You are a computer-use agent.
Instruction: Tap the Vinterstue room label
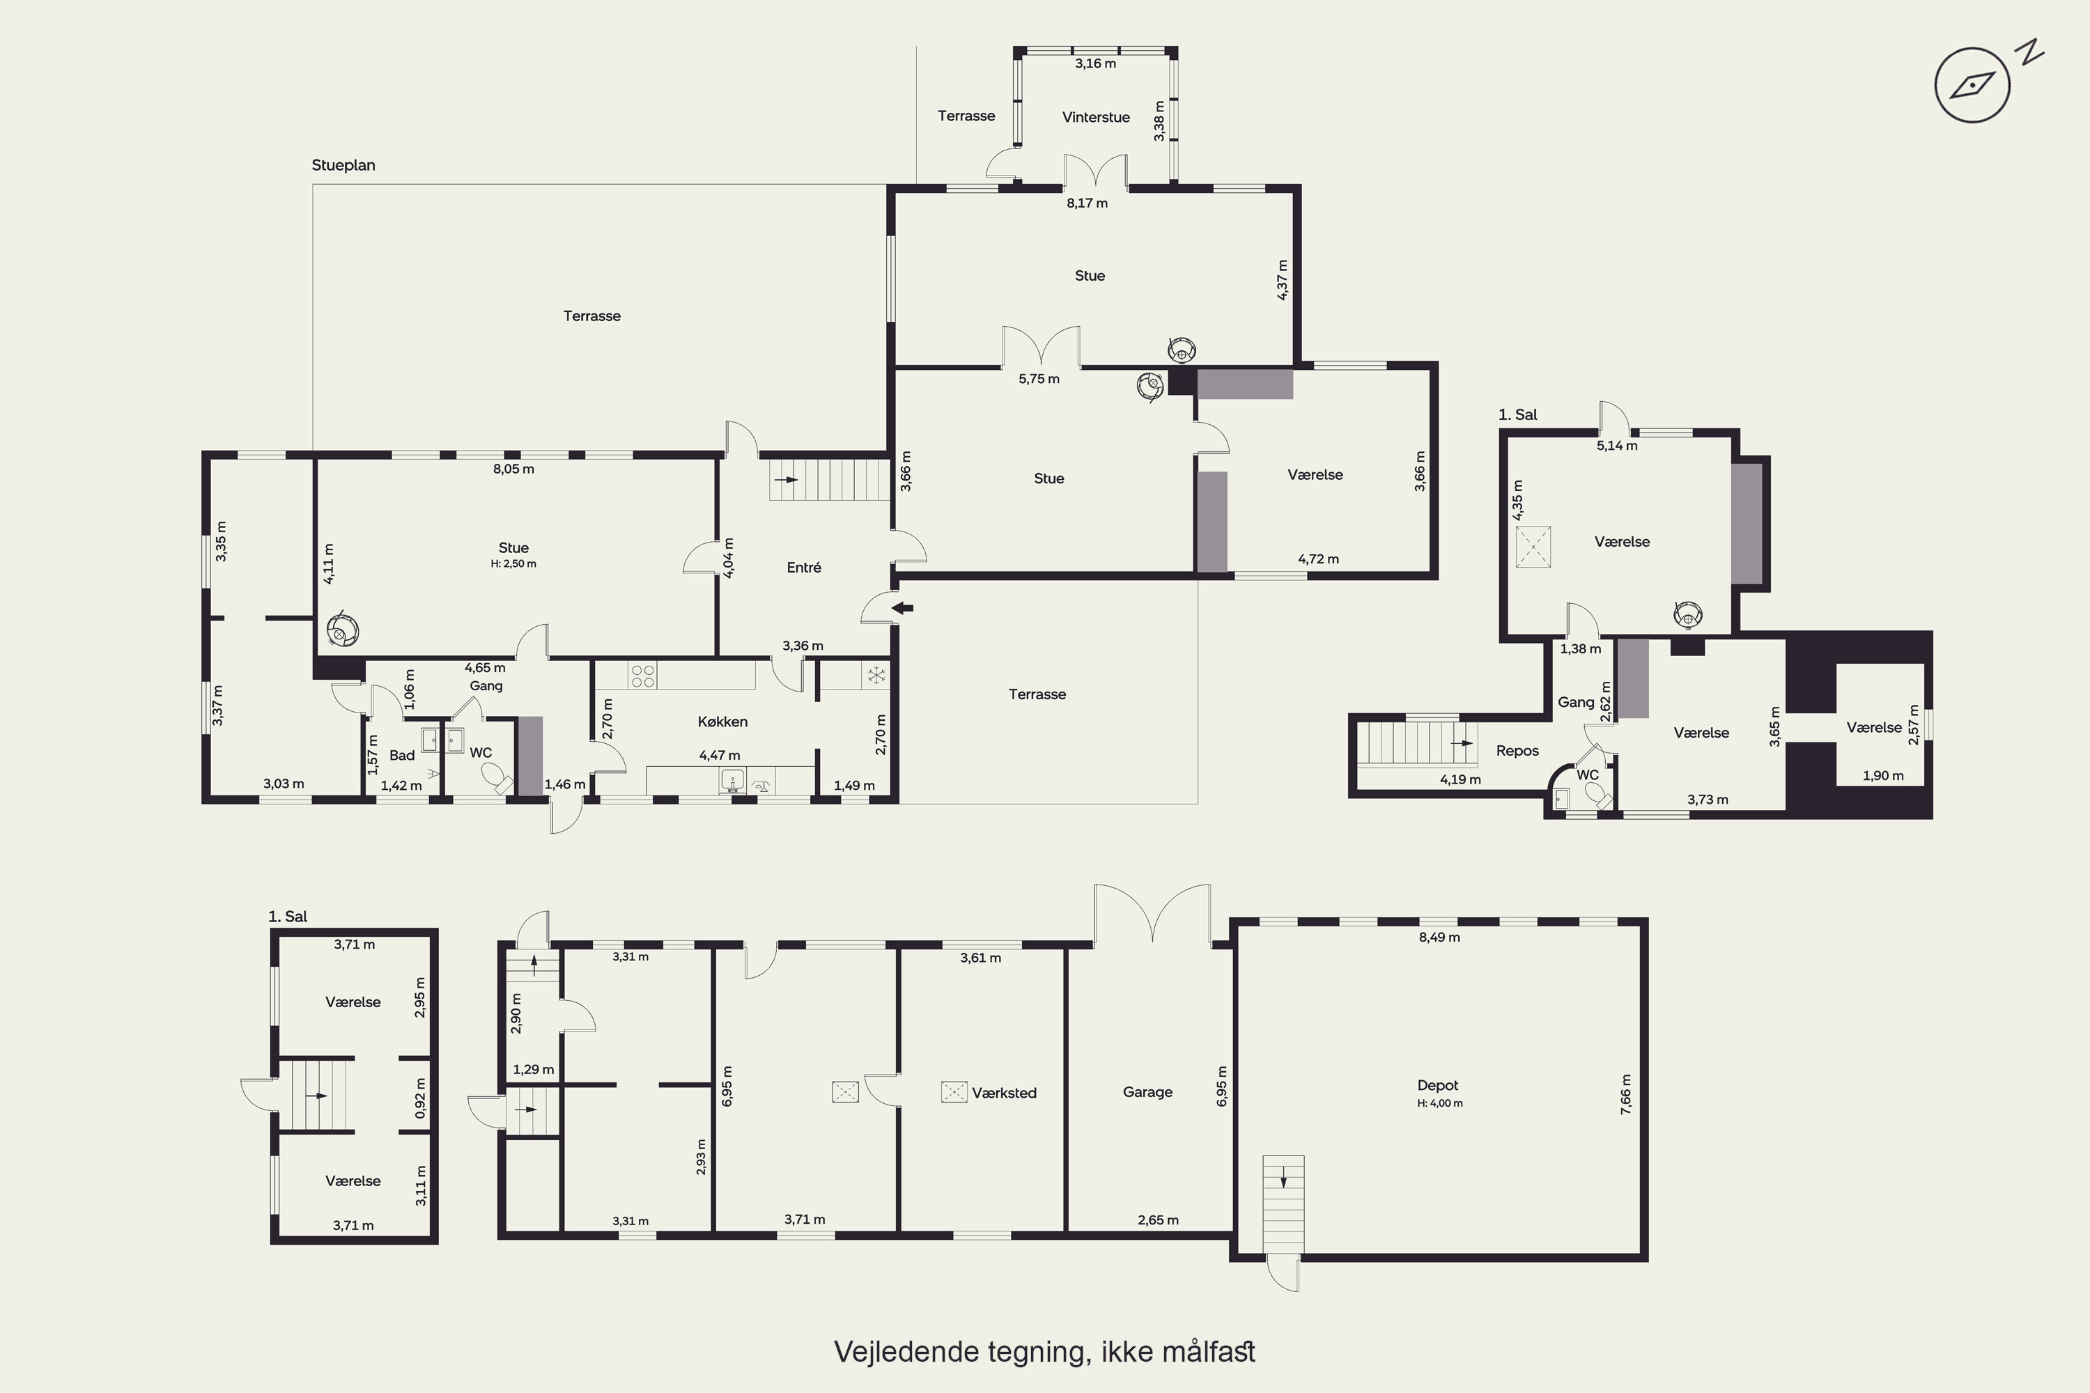tap(1096, 117)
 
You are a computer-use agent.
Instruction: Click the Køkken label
tap(722, 722)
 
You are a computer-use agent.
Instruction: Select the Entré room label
tap(803, 568)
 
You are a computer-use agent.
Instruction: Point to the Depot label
tap(1438, 1084)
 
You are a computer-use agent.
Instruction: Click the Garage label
tap(1147, 1092)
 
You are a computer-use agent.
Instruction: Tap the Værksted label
tap(1004, 1093)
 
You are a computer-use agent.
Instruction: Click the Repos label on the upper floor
tap(1517, 751)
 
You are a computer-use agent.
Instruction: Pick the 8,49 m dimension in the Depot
tap(1439, 937)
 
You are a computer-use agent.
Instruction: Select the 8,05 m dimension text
tap(513, 469)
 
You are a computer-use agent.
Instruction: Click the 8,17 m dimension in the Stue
tap(1087, 203)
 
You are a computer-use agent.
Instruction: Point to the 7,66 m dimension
tap(1626, 1094)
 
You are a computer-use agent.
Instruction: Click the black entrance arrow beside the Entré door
tap(902, 609)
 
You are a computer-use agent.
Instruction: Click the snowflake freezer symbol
tap(876, 675)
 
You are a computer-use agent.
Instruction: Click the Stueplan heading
tap(343, 165)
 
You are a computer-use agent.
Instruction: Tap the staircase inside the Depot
tap(1283, 1205)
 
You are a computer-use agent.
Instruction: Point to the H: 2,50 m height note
tap(513, 564)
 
